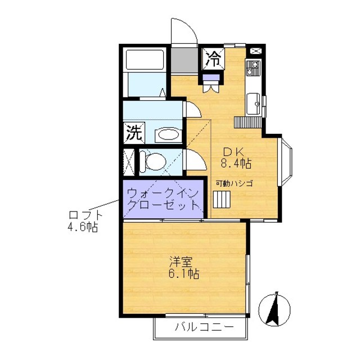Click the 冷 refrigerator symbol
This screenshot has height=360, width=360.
coord(214,56)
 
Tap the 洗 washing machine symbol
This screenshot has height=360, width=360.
coord(133,133)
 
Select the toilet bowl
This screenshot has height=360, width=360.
coord(153,162)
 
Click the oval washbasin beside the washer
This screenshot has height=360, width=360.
coord(167,134)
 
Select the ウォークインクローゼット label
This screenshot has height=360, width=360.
coord(163,199)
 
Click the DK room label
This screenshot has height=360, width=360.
coord(233,152)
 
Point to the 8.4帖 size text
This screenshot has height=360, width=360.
coord(236,164)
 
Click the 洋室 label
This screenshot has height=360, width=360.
coord(183,262)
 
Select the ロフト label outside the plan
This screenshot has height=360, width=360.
coord(85,215)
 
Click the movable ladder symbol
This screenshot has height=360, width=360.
coord(221,200)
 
